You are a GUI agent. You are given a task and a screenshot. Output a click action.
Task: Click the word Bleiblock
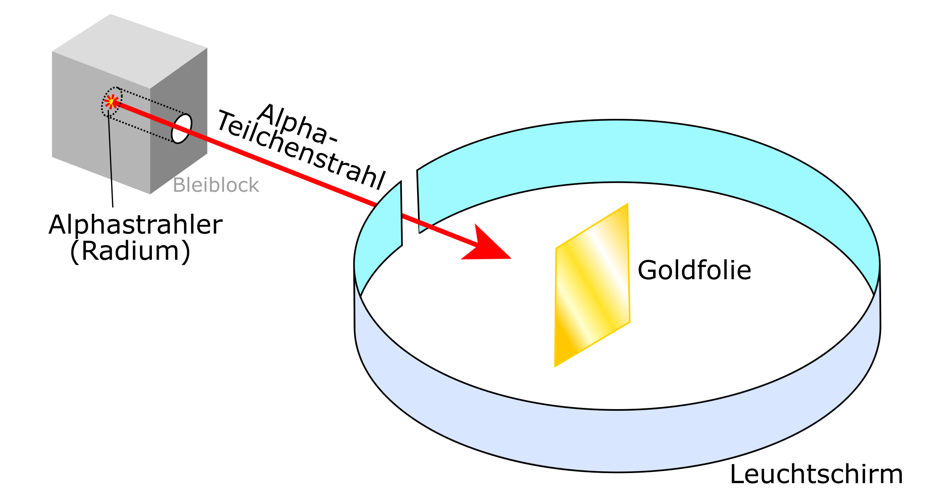(215, 185)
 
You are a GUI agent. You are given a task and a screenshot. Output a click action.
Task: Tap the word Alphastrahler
(135, 225)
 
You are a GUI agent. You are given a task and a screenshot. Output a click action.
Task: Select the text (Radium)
(130, 251)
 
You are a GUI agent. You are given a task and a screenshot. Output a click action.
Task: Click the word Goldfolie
(694, 270)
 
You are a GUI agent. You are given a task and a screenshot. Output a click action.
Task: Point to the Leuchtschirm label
(816, 475)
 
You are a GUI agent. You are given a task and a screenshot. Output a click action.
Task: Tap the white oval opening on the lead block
(182, 129)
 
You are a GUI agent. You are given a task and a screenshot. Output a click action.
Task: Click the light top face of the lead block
(130, 51)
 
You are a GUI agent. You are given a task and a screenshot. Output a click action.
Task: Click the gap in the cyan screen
(409, 204)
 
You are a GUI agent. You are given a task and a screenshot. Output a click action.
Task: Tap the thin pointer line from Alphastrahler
(111, 157)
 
